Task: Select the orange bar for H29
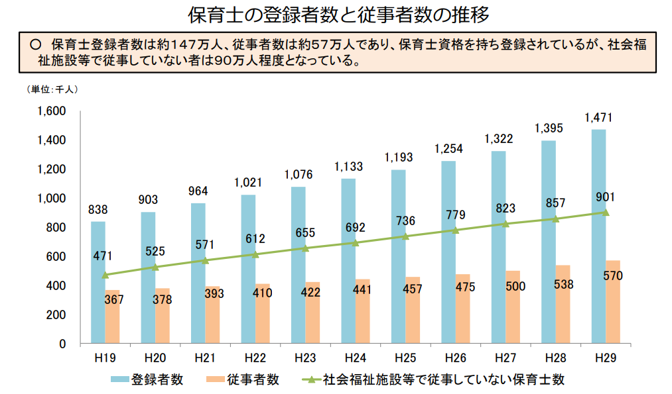click(612, 302)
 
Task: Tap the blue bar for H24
click(348, 261)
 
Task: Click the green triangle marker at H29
click(605, 213)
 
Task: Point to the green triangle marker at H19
click(105, 275)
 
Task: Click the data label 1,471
click(598, 118)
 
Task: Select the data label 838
click(98, 210)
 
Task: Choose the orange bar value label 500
click(515, 287)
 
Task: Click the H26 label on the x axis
click(456, 358)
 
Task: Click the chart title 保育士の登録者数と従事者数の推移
click(336, 14)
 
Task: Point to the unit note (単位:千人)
click(52, 89)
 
